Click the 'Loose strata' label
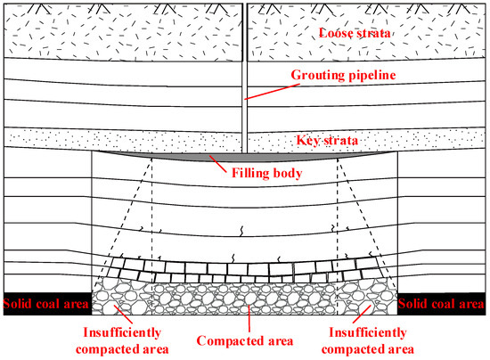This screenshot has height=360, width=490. coord(355,33)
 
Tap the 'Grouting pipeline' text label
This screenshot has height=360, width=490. coord(343,75)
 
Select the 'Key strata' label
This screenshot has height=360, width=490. coord(327,140)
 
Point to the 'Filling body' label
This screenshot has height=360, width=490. coord(266,173)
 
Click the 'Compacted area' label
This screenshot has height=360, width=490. coord(245,341)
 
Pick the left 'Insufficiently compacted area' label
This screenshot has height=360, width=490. coord(122,340)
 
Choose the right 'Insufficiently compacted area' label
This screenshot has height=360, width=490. coord(367,340)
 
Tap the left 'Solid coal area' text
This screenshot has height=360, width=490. coord(46,304)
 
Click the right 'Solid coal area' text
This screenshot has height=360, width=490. coord(441,304)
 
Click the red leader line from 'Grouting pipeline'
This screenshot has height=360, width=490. coord(273,92)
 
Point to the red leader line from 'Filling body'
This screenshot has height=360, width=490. coord(217,164)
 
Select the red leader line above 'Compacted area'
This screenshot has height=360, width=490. coord(249,318)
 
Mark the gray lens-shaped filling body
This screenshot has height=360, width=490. coord(245,157)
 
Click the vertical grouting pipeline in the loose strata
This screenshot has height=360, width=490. coord(245,32)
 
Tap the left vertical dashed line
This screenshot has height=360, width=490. coord(151,236)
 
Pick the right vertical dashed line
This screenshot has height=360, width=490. coord(338,236)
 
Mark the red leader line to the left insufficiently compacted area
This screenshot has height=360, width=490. coord(123,315)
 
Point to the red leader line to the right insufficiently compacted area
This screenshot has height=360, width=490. coord(362,314)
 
